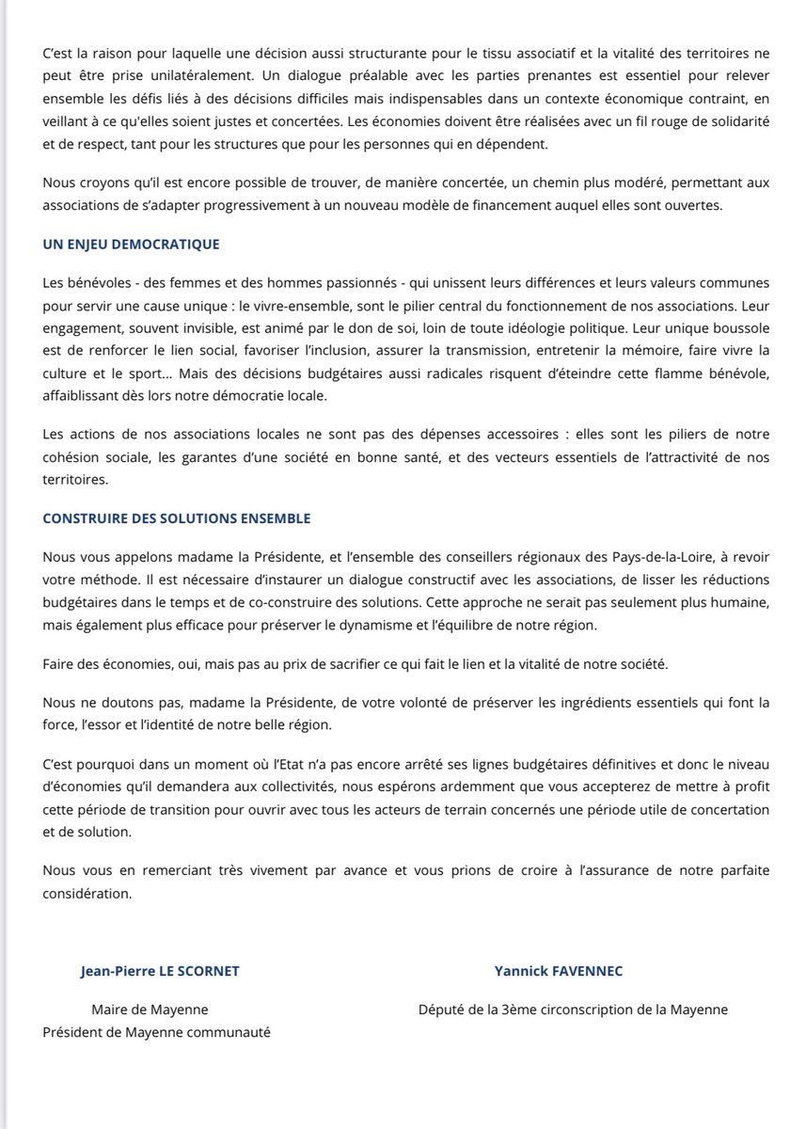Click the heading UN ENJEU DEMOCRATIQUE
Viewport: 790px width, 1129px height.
(131, 244)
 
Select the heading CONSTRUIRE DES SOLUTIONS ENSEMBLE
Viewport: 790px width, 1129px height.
(176, 518)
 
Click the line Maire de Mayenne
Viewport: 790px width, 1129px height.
(150, 1010)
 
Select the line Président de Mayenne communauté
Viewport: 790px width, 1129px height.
(156, 1032)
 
